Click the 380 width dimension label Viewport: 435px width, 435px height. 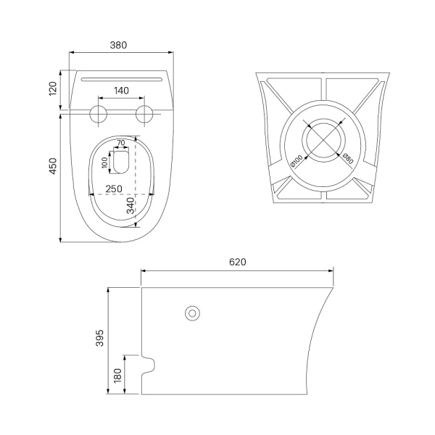[118, 45]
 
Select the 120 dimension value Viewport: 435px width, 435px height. [53, 88]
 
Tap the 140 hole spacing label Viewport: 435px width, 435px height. [122, 91]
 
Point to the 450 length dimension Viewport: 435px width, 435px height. [53, 166]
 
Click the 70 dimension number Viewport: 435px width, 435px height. [121, 143]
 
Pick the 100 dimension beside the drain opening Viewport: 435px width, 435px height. [104, 162]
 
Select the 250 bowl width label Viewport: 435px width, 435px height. [114, 189]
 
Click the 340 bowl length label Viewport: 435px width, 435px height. [130, 206]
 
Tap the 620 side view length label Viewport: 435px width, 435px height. [238, 262]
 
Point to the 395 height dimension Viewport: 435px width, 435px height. [99, 338]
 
